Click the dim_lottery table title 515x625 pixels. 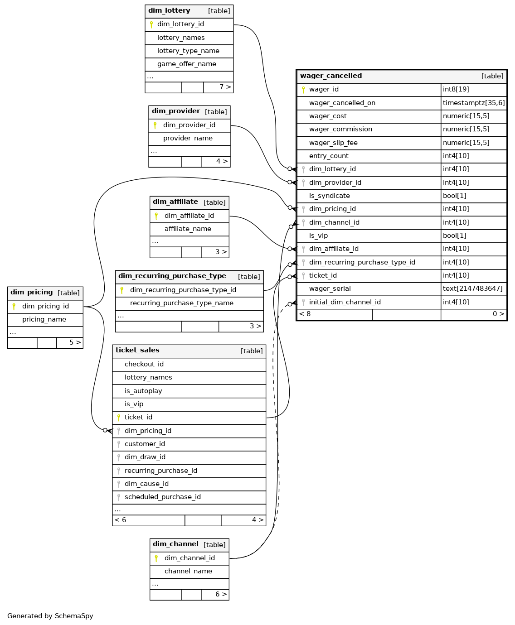[x=169, y=11]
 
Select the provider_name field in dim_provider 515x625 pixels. [x=188, y=139]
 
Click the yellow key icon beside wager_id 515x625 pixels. [x=303, y=90]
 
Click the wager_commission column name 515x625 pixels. [x=340, y=129]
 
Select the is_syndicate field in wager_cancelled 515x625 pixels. [x=329, y=196]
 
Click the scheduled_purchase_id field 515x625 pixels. [x=163, y=497]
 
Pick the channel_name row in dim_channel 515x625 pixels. [x=189, y=572]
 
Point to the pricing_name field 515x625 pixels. [x=44, y=319]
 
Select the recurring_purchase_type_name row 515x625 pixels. [x=182, y=303]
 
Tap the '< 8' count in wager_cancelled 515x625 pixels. [x=305, y=314]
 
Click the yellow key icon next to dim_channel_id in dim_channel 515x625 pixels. [x=156, y=558]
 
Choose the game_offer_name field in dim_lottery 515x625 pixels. [x=187, y=64]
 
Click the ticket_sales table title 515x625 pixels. [x=137, y=350]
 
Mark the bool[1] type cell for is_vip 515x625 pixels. [x=455, y=236]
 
